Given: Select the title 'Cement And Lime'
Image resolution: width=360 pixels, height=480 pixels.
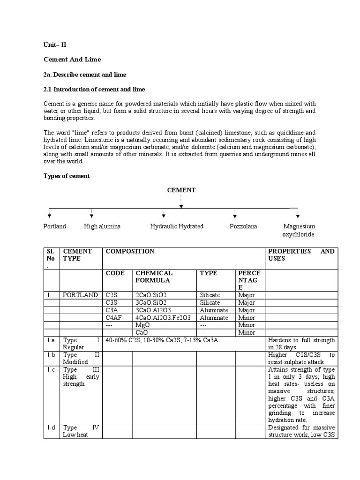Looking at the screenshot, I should [x=72, y=60].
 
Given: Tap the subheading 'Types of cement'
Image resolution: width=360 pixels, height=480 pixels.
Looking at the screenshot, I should [x=67, y=176].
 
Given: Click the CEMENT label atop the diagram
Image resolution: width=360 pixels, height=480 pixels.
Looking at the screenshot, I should [x=181, y=190].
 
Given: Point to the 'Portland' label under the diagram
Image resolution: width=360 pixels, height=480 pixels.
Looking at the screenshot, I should [x=55, y=226].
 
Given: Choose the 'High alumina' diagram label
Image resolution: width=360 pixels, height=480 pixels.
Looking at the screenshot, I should [x=102, y=226].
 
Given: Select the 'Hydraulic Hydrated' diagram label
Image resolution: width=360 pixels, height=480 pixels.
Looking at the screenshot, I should [x=177, y=226].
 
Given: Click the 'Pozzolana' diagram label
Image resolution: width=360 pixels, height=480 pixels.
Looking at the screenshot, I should [x=243, y=226].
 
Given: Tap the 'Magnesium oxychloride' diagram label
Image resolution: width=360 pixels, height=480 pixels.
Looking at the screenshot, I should [x=299, y=230].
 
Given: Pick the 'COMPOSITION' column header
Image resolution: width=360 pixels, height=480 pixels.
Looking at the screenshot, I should [x=130, y=252].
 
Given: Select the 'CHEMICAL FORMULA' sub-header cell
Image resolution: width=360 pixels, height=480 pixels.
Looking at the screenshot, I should [x=154, y=277].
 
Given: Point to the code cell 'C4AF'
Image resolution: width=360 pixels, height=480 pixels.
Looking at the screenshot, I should [x=114, y=318].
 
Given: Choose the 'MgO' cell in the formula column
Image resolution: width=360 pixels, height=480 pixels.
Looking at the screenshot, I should [x=142, y=325].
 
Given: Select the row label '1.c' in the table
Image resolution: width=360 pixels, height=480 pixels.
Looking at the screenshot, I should [x=52, y=370].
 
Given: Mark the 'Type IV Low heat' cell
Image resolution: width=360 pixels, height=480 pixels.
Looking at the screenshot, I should [x=81, y=431].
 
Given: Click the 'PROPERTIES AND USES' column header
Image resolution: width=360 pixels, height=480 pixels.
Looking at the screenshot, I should [x=301, y=255].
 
